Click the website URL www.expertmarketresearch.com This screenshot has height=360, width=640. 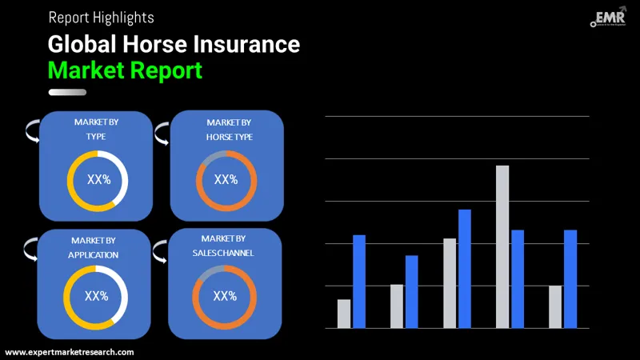point(70,352)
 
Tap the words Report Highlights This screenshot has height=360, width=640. point(101,17)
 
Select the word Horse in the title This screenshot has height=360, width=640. point(147,44)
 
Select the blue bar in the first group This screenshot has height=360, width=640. point(359,281)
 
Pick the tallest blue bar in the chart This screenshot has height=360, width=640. point(465,268)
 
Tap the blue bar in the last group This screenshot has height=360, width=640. point(570,278)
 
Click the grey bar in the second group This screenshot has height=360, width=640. point(397,306)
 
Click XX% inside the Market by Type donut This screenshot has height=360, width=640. point(98,180)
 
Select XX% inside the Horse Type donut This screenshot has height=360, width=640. point(226,180)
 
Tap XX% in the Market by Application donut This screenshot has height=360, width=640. point(96,296)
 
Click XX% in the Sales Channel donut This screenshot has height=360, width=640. point(225,296)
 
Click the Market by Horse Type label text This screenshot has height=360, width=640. point(228,130)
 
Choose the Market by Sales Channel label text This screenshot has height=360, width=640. point(223,246)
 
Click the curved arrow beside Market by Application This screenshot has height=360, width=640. point(31,248)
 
